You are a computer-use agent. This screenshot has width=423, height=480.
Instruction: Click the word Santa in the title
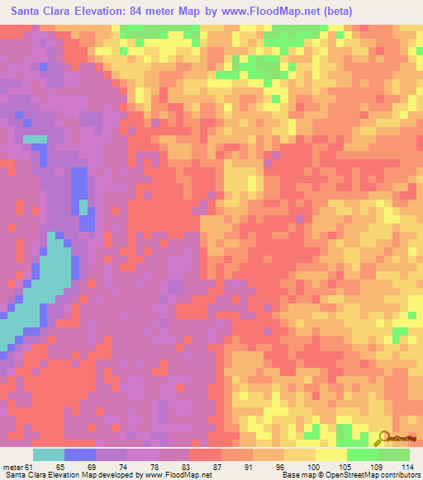point(28,12)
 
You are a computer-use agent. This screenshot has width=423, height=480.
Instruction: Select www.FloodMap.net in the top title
point(279,12)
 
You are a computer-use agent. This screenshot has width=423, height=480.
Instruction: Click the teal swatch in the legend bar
point(49,454)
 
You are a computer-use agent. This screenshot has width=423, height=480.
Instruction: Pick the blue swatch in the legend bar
point(80,454)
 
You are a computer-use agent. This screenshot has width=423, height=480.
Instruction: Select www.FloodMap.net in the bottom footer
point(174,475)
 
